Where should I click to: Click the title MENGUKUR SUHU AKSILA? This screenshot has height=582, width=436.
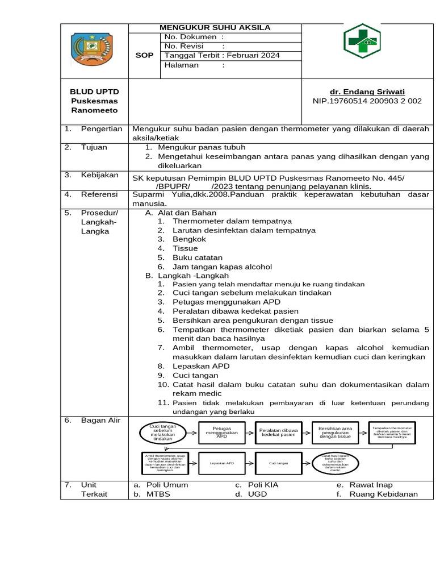215,27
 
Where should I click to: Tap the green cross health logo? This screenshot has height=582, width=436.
362,42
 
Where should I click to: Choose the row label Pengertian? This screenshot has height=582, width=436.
102,129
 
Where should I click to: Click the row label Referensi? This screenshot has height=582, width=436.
100,194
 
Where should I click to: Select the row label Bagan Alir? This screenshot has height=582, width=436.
100,420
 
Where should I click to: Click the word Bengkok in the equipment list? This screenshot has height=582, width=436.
190,239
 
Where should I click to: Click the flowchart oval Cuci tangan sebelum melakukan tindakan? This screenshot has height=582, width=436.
163,433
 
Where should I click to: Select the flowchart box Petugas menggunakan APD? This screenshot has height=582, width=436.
221,433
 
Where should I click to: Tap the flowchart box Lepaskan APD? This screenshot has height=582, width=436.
221,463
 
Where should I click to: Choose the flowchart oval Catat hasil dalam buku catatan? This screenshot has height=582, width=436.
335,463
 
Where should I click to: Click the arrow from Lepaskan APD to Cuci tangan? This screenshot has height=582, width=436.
250,463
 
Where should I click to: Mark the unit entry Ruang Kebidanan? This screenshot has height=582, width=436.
384,494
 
